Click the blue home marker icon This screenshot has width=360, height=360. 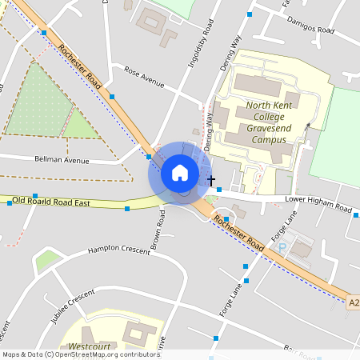pyautogui.click(x=179, y=172)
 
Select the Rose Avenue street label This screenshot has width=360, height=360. pyautogui.click(x=144, y=76)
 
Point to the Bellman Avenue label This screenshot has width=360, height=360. pyautogui.click(x=62, y=160)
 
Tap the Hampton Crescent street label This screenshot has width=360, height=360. pyautogui.click(x=119, y=250)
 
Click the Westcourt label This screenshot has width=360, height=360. pyautogui.click(x=90, y=347)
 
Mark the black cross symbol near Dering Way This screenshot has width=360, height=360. pyautogui.click(x=211, y=182)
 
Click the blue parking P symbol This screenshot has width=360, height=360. pyautogui.click(x=281, y=247)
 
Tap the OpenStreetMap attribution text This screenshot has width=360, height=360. pyautogui.click(x=80, y=354)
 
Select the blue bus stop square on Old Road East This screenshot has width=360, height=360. pyautogui.click(x=126, y=209)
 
